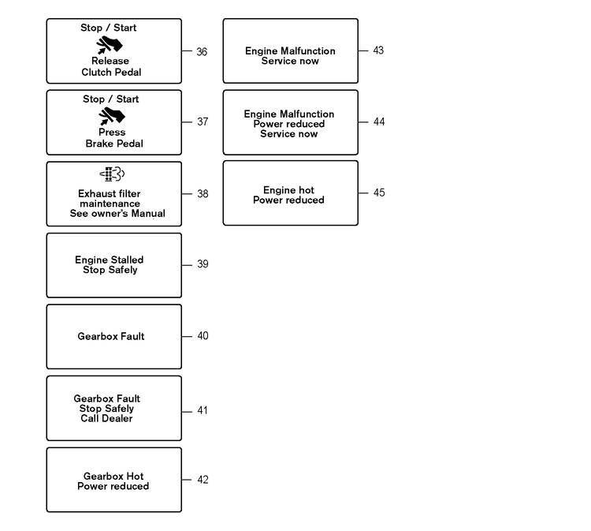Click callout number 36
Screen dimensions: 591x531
coord(202,52)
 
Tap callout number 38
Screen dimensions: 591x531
coord(203,193)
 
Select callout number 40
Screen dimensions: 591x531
coord(203,335)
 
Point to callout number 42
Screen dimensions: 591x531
coord(203,480)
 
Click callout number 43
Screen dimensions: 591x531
coord(378,50)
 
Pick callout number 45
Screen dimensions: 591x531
coord(379,193)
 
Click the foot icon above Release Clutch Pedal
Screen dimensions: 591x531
coord(110,45)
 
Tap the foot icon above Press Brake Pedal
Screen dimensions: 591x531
coord(112,116)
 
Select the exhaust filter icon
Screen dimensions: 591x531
coord(112,174)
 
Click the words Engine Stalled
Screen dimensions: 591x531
coord(110,260)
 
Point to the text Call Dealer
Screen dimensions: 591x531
coord(106,418)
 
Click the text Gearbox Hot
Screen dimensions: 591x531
coord(113,476)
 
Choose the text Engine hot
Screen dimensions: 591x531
coord(288,190)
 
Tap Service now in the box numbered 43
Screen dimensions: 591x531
coord(290,61)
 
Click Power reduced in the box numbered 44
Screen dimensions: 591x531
coord(289,124)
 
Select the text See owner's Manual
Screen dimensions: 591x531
coord(117,214)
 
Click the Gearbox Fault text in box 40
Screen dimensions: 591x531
coord(111,336)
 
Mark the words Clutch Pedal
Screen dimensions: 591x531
coord(112,72)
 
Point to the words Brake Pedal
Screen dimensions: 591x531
coord(114,144)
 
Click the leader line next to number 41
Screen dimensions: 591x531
coord(187,412)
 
